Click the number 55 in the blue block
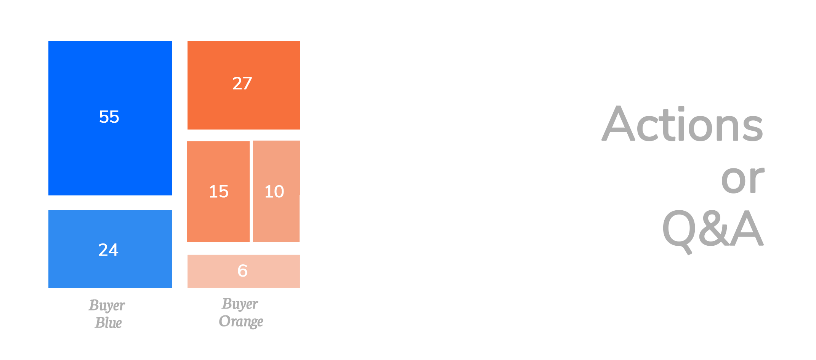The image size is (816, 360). [109, 117]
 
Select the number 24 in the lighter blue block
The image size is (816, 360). [108, 250]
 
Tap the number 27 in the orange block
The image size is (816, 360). [242, 83]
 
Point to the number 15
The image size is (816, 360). [219, 192]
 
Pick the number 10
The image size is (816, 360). [274, 192]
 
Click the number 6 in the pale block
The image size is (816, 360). [243, 271]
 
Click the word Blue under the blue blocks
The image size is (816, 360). [108, 322]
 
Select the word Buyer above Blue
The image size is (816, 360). [107, 306]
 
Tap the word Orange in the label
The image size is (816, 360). [241, 321]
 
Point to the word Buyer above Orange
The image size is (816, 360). [240, 304]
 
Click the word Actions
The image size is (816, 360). [682, 125]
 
